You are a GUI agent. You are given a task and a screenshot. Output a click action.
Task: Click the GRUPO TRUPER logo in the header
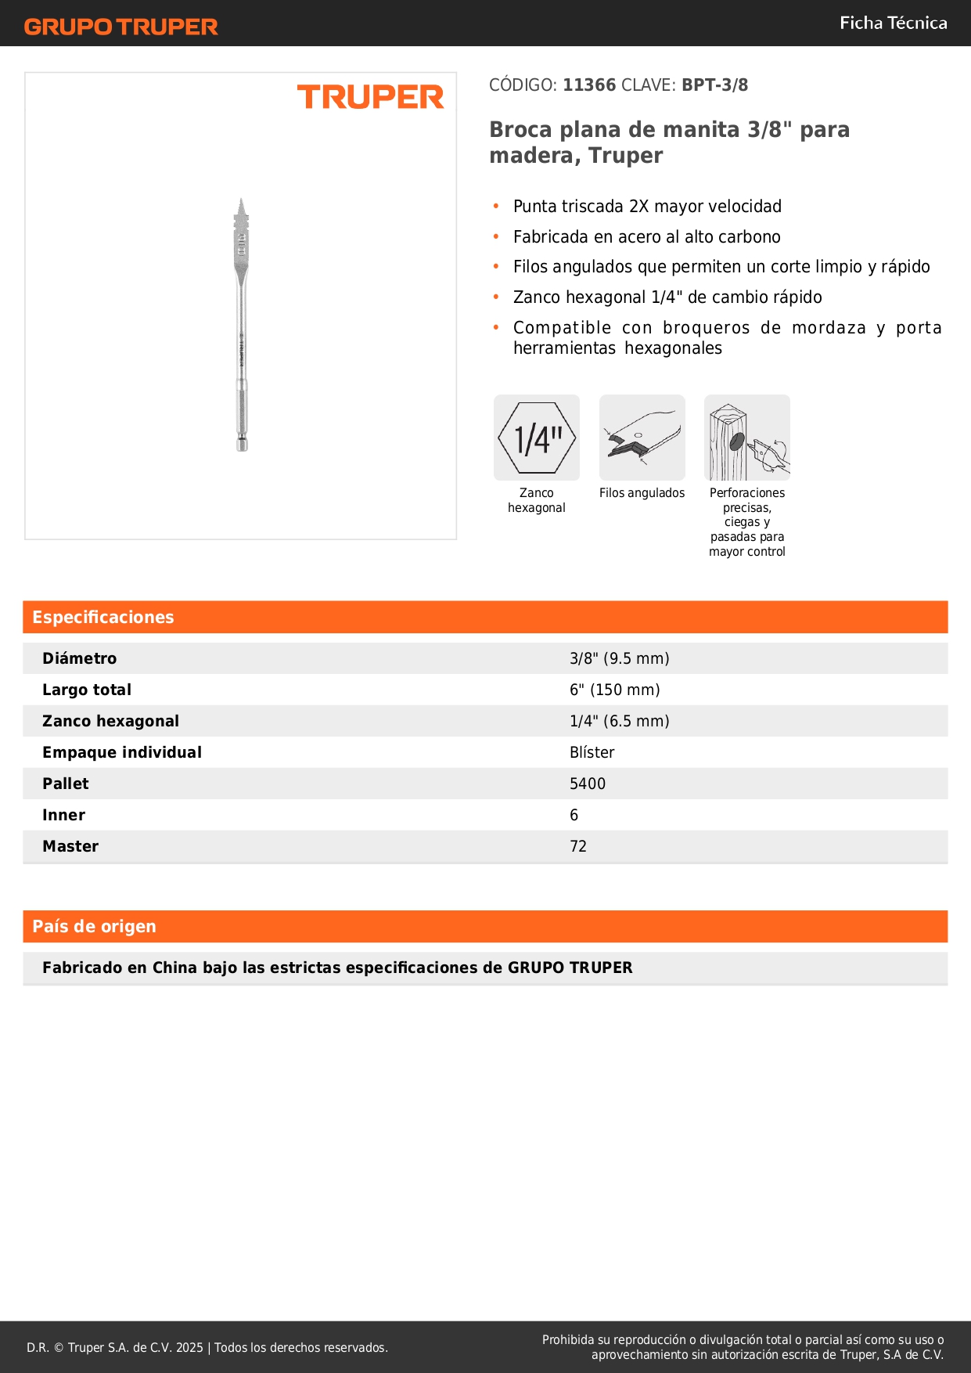[120, 27]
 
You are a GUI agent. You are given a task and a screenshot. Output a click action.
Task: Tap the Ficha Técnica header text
[893, 23]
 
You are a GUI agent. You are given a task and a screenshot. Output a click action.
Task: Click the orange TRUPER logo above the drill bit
[370, 97]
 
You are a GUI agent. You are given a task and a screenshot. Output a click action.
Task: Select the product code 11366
[589, 85]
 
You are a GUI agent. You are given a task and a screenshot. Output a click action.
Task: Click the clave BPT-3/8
[714, 85]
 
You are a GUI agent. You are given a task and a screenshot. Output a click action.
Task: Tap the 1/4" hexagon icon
[537, 438]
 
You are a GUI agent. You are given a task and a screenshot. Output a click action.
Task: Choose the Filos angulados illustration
[642, 438]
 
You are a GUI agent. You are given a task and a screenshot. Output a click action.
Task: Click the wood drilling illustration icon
[747, 438]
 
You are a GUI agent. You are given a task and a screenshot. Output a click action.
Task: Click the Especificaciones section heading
[103, 617]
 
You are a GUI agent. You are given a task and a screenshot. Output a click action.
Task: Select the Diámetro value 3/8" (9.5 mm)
[619, 658]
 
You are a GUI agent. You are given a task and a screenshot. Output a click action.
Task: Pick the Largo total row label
[87, 690]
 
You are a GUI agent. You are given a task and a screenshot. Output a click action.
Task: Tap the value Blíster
[592, 752]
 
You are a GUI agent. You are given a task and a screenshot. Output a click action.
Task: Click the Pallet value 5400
[588, 784]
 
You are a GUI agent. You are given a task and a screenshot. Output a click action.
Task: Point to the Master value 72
[578, 846]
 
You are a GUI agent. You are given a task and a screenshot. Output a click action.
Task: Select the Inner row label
[64, 815]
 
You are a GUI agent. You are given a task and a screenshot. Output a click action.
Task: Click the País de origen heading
[94, 926]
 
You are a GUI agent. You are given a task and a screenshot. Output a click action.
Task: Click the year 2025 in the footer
[189, 1347]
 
